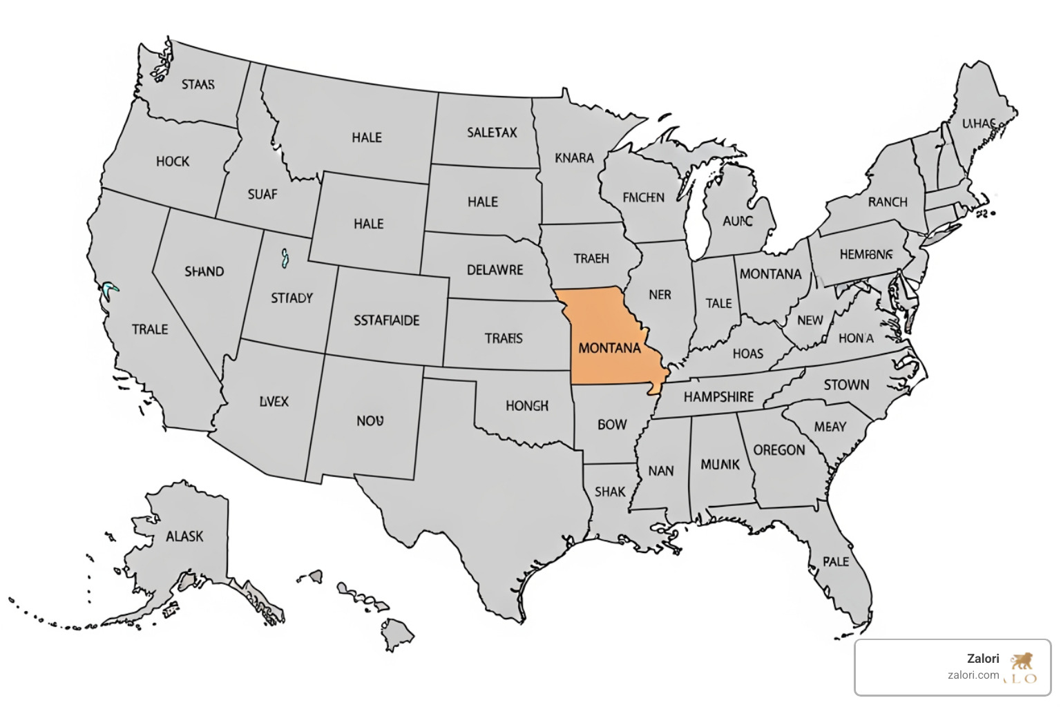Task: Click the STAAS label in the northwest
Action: pyautogui.click(x=198, y=85)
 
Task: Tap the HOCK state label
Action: pyautogui.click(x=173, y=162)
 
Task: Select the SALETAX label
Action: pyautogui.click(x=492, y=133)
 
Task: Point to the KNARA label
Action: pyautogui.click(x=574, y=158)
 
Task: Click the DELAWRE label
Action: pyautogui.click(x=495, y=270)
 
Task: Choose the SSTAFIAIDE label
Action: pyautogui.click(x=386, y=320)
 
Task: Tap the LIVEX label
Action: pyautogui.click(x=274, y=401)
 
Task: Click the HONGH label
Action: pyautogui.click(x=526, y=406)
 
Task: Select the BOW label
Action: pyautogui.click(x=611, y=425)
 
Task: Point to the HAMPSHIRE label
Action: pyautogui.click(x=718, y=397)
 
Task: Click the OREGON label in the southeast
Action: pyautogui.click(x=778, y=450)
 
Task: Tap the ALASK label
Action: pyautogui.click(x=184, y=536)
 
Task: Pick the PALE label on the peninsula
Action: pyautogui.click(x=836, y=561)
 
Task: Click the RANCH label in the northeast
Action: pyautogui.click(x=888, y=202)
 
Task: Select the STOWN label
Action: pyautogui.click(x=846, y=385)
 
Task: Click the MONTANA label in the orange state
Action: pyautogui.click(x=609, y=348)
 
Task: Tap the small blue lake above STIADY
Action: pyautogui.click(x=284, y=259)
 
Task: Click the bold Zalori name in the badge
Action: pyautogui.click(x=983, y=659)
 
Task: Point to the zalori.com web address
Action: pyautogui.click(x=973, y=675)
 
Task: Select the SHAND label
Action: pyautogui.click(x=204, y=271)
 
